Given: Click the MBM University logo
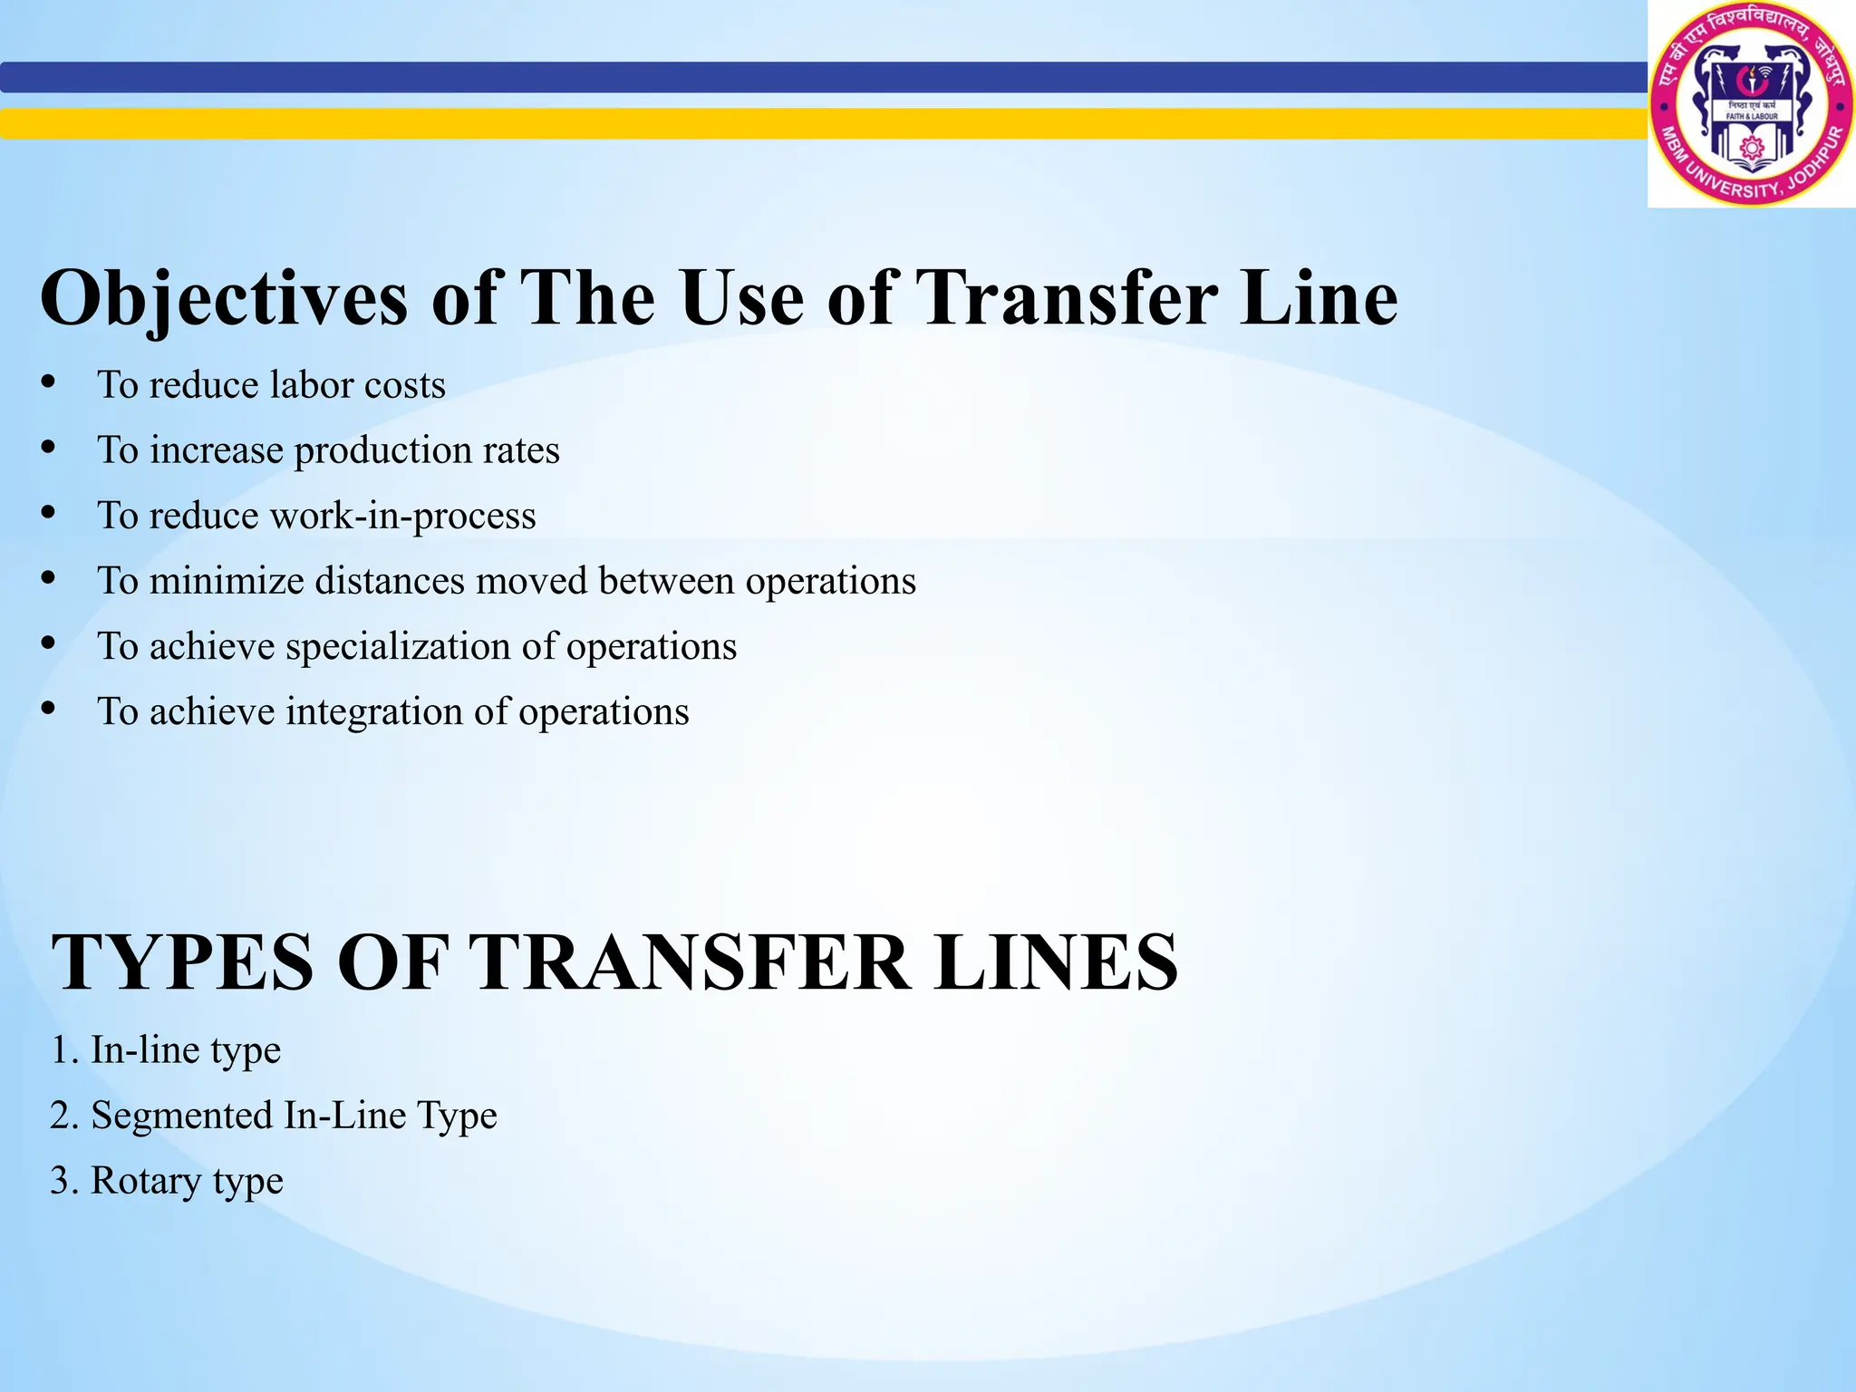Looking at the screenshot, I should tap(1751, 104).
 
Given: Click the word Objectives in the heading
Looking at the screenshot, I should tap(224, 299).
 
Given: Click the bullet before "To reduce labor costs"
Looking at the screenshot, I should tap(49, 382).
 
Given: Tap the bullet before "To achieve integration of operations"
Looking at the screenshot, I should tap(49, 709).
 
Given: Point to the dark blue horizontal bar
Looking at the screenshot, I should tap(816, 77).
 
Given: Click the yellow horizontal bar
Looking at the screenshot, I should tap(816, 123).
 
